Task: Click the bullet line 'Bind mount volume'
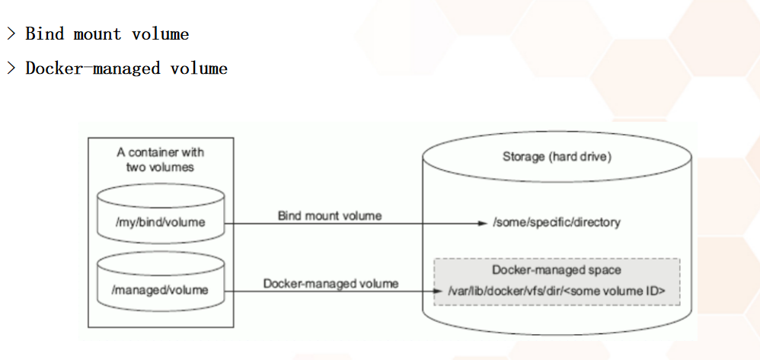(x=107, y=34)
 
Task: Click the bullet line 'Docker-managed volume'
(x=126, y=68)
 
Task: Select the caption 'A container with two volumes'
(x=161, y=159)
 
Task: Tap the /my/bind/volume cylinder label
(x=161, y=223)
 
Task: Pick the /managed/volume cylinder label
(x=161, y=289)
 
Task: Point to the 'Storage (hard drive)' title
(x=557, y=157)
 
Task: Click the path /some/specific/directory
(x=557, y=223)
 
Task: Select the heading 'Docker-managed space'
(x=557, y=270)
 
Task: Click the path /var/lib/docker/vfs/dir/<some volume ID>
(x=557, y=290)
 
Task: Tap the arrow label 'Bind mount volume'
(x=330, y=215)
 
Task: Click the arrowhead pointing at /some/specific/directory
(x=481, y=224)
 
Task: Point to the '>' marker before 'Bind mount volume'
(x=11, y=34)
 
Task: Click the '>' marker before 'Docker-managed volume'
(x=11, y=68)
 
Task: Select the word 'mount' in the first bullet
(x=97, y=34)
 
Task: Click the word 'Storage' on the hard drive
(x=523, y=157)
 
